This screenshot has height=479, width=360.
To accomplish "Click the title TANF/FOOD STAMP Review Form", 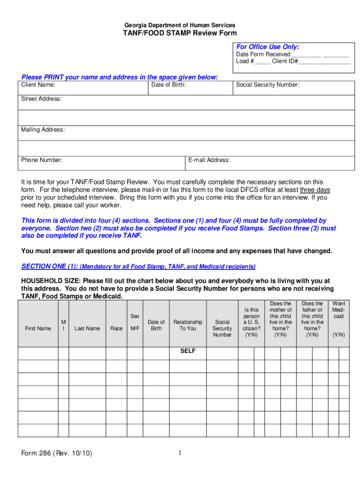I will [x=180, y=33].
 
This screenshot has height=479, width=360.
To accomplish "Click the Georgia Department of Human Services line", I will [x=180, y=25].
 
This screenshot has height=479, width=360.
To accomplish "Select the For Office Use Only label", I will [x=267, y=47].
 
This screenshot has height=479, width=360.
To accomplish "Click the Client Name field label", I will [x=38, y=85].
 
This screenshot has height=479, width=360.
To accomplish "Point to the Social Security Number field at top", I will [x=267, y=85].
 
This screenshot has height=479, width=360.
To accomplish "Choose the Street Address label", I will [x=41, y=99].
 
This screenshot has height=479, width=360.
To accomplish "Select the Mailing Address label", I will [x=43, y=130].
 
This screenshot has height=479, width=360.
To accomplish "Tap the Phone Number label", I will [x=42, y=160].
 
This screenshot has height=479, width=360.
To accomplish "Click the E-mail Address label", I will [x=209, y=160].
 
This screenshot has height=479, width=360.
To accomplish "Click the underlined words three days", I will [x=315, y=190].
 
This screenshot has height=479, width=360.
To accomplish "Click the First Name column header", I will [x=38, y=328].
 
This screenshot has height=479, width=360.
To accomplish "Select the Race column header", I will [x=117, y=328].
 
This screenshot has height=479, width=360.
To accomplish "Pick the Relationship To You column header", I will [x=188, y=325].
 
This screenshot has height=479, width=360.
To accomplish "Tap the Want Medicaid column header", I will [x=338, y=310].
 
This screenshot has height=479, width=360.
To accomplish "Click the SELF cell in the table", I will [x=188, y=351].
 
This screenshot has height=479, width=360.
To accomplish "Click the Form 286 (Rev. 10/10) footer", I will [x=57, y=454].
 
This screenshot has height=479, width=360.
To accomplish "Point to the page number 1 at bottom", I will [x=179, y=453].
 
